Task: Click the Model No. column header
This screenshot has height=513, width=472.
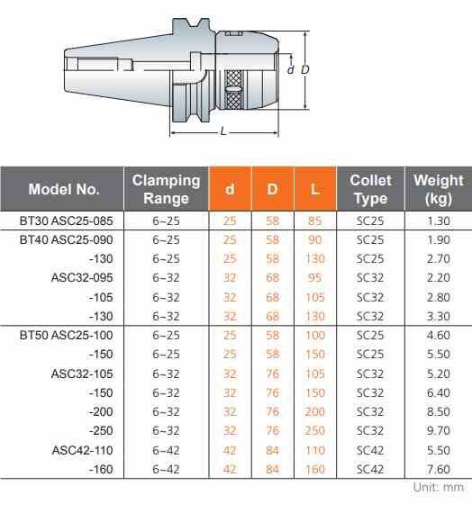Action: tap(64, 189)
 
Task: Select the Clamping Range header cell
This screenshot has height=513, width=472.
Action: tap(166, 189)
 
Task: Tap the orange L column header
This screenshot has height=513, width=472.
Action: tap(314, 189)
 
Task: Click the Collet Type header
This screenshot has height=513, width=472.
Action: tap(370, 189)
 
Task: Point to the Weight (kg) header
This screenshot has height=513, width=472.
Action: tap(439, 189)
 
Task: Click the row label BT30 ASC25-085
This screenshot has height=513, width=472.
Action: tap(66, 220)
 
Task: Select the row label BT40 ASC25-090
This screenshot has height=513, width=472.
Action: tap(66, 239)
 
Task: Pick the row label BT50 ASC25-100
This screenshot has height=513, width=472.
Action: tap(66, 336)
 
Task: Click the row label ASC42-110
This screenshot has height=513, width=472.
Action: tap(82, 450)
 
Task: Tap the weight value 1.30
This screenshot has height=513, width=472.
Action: tap(439, 220)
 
